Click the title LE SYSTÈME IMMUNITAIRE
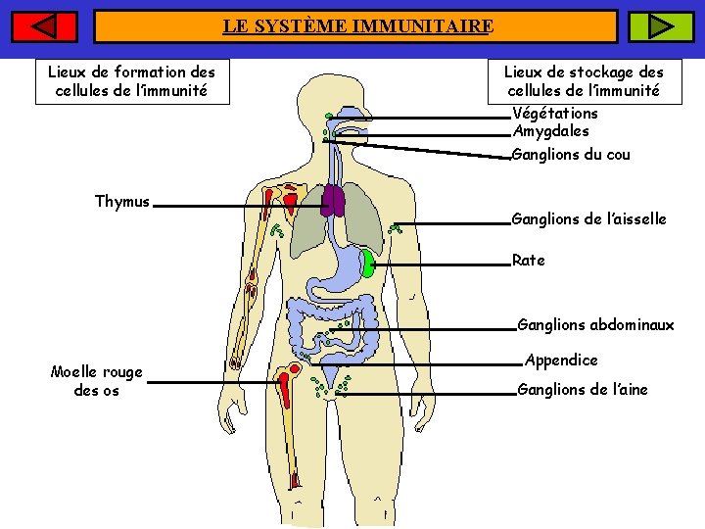[356, 26]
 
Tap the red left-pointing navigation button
[45, 26]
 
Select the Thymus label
[122, 202]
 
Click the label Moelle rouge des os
[97, 381]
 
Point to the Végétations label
[555, 113]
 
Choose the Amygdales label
[551, 131]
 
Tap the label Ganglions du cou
[571, 155]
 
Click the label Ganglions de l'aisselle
[588, 219]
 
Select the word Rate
[529, 261]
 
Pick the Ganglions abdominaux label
[595, 325]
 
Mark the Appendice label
[561, 361]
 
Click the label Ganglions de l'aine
[583, 390]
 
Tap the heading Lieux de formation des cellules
[132, 81]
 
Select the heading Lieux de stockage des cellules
[584, 81]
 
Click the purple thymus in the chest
[333, 200]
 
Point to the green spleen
[366, 263]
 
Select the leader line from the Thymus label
[235, 207]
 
